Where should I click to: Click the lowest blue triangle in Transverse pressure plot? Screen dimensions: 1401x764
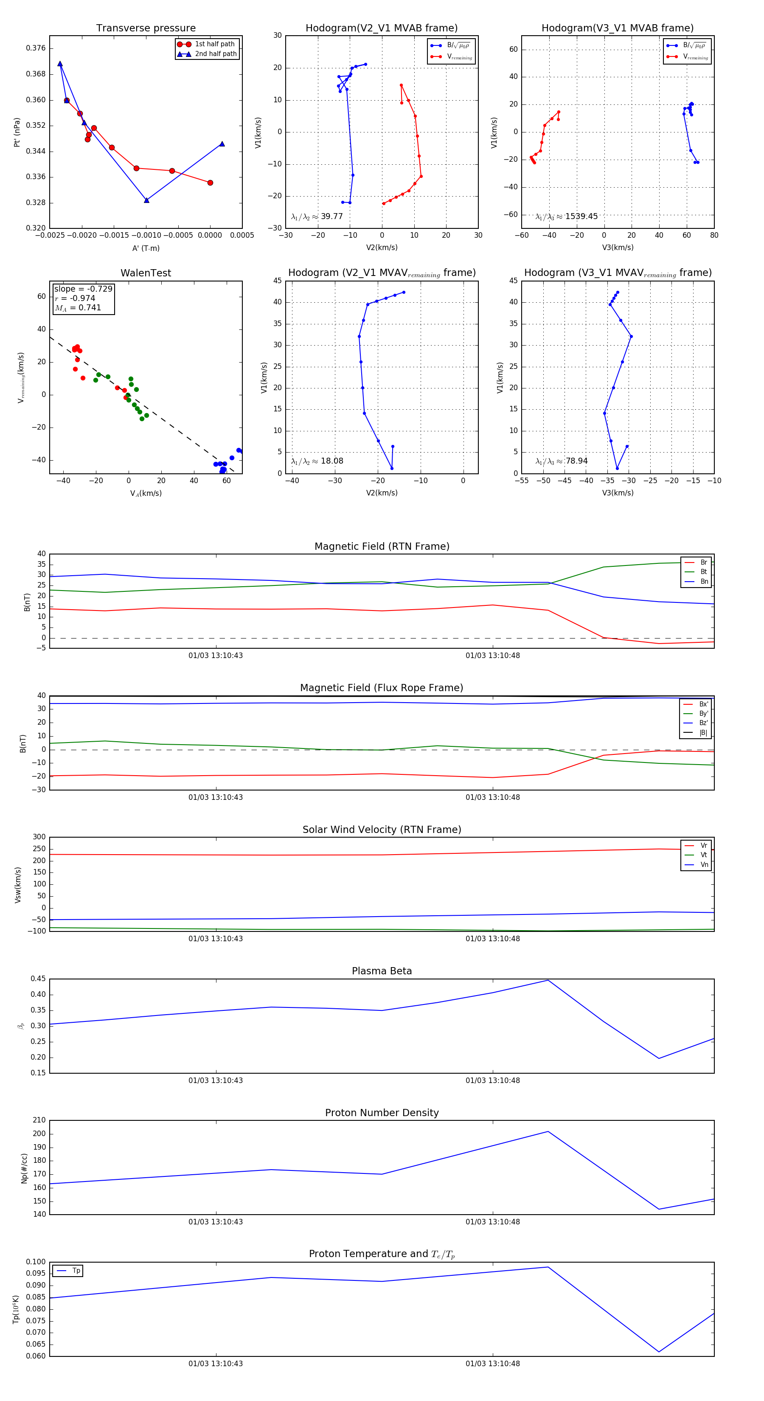click(146, 200)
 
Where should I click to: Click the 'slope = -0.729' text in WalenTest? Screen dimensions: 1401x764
click(83, 289)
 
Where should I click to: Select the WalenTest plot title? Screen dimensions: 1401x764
click(146, 273)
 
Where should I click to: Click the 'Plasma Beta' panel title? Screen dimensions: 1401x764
click(382, 971)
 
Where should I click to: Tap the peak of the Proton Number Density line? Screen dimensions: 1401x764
click(548, 1132)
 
